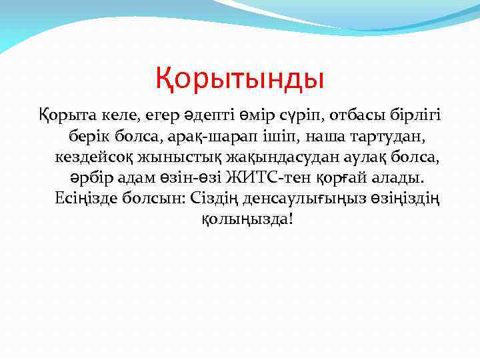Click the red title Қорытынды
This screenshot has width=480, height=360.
coord(240,79)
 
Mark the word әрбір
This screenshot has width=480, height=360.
coord(85,178)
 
